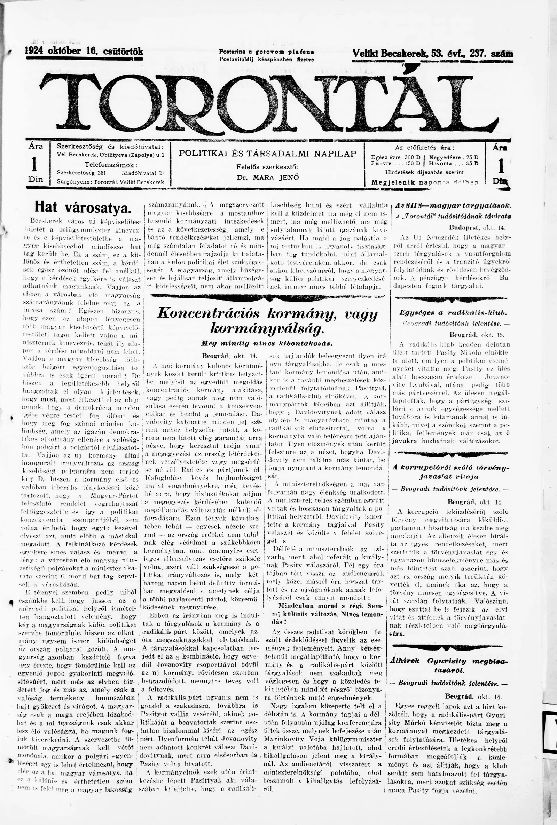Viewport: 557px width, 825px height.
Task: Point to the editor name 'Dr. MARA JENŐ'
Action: tap(267, 177)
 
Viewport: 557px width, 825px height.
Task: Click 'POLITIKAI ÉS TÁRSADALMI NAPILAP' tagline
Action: tap(267, 153)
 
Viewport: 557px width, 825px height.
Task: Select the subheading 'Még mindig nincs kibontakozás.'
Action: tap(266, 344)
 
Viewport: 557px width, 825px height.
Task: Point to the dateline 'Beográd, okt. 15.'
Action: tap(476, 334)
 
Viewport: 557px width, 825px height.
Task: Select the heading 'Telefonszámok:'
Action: tap(111, 165)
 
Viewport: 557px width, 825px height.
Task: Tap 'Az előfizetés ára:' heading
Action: tap(424, 148)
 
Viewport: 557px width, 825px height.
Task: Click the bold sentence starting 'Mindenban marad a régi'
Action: tap(326, 607)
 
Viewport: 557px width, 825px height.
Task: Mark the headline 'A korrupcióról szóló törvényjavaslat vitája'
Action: tap(450, 472)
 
